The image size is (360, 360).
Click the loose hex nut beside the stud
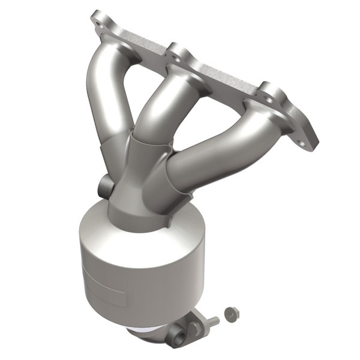230,313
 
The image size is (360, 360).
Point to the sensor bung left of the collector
104,184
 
